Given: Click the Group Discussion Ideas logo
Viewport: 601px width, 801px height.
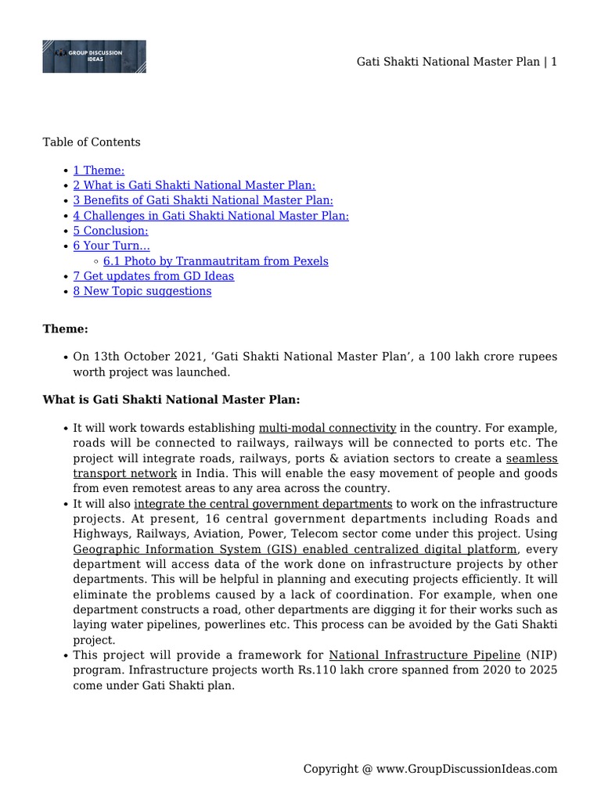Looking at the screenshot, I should pyautogui.click(x=94, y=56).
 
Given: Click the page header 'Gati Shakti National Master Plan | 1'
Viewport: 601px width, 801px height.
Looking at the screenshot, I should pyautogui.click(x=457, y=62).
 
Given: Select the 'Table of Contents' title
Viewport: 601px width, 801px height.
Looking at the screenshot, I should pyautogui.click(x=92, y=142).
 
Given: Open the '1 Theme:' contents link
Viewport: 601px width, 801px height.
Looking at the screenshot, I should pyautogui.click(x=99, y=170).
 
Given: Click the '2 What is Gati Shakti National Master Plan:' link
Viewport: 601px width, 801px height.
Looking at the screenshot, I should pyautogui.click(x=194, y=185).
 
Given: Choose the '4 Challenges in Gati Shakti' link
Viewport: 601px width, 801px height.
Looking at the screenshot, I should pyautogui.click(x=211, y=215).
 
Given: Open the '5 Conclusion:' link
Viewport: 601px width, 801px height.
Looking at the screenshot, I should pyautogui.click(x=110, y=231).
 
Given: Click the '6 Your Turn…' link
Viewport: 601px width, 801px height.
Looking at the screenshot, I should pyautogui.click(x=111, y=246).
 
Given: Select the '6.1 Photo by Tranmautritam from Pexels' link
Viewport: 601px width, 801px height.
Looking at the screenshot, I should pyautogui.click(x=215, y=260).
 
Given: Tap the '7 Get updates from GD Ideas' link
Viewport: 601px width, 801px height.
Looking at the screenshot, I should pyautogui.click(x=153, y=275).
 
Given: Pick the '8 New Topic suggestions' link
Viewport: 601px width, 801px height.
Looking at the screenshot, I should pyautogui.click(x=142, y=291).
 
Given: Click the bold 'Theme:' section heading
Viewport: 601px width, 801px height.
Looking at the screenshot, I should pyautogui.click(x=65, y=329).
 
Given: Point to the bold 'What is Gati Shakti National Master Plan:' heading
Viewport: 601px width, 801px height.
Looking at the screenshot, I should pyautogui.click(x=171, y=399).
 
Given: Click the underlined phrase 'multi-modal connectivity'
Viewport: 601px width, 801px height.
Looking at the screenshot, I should pyautogui.click(x=327, y=428).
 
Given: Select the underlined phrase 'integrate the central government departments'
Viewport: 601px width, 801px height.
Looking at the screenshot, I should pyautogui.click(x=263, y=504).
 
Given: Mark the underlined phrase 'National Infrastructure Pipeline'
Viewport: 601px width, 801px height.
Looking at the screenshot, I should pyautogui.click(x=424, y=655).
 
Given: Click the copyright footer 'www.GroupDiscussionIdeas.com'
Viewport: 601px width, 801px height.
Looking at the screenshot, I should pyautogui.click(x=466, y=769).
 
